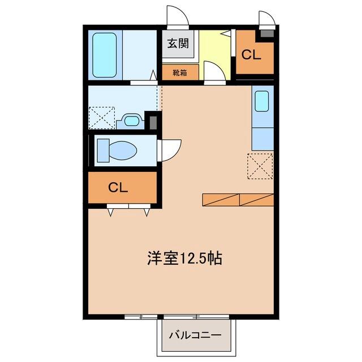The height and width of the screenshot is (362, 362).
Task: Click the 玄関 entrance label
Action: tap(178, 43)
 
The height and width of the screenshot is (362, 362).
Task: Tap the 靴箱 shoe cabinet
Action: tap(180, 72)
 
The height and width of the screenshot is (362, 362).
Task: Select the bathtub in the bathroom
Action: tap(104, 55)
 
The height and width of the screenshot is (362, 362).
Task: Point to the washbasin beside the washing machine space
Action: tap(131, 121)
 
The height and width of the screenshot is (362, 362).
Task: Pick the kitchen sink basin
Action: tap(262, 101)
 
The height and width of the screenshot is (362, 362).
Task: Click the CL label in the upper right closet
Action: tap(251, 55)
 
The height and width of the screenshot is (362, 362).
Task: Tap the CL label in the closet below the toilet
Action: tap(118, 187)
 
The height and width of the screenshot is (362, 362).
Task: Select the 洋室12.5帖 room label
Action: tap(185, 258)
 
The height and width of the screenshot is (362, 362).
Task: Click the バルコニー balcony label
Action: tap(195, 335)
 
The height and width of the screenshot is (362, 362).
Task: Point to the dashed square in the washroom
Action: tap(102, 118)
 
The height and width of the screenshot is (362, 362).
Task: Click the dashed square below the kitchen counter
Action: tap(260, 166)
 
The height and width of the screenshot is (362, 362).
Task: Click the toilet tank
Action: tap(103, 150)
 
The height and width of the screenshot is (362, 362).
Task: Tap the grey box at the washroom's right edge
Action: tap(153, 123)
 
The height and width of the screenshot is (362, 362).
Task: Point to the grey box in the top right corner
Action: tap(267, 34)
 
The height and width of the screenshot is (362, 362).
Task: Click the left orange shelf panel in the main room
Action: tap(221, 200)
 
